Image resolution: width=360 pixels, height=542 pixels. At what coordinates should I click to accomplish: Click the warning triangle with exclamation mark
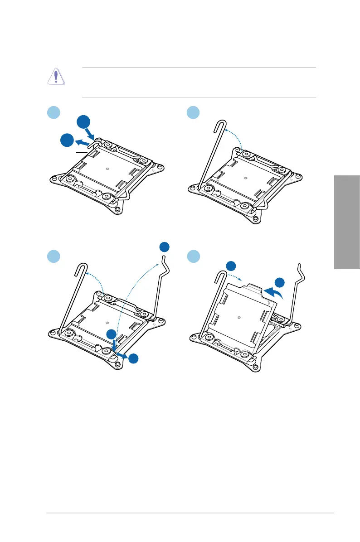pos(56,77)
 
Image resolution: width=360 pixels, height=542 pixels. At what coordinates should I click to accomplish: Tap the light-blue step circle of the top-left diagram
pos(54,112)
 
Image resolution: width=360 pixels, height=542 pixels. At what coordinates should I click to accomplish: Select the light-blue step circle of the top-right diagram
pos(194,112)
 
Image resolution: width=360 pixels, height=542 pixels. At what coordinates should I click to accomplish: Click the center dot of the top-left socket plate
pos(107,169)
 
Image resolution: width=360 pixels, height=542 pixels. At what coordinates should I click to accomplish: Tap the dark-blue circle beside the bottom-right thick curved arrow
pos(280,283)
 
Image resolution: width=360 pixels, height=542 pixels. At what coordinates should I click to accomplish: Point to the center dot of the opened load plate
pos(239,317)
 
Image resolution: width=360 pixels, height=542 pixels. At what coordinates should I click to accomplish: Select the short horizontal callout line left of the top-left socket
pos(81,154)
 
